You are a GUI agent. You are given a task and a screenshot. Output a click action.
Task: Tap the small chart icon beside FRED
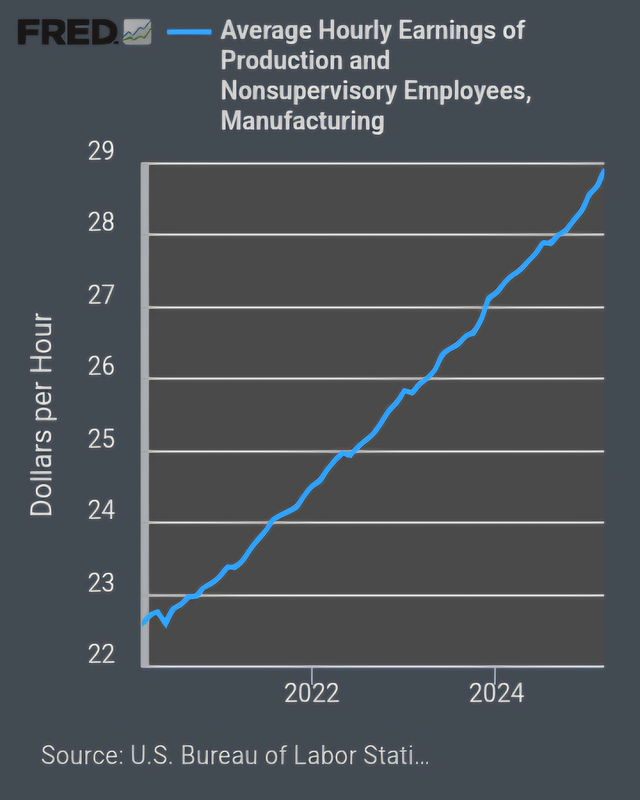coord(137,35)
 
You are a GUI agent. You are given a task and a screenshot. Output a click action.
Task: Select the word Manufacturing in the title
coord(303,122)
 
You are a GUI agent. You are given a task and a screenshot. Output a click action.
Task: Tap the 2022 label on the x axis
coord(312,693)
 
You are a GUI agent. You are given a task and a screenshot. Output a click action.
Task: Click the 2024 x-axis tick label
coord(495,693)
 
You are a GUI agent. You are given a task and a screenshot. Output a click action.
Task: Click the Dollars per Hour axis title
coord(42,415)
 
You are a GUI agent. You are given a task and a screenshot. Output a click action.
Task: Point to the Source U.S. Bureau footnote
coord(235,754)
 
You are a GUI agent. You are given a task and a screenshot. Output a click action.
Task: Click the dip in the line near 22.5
coord(165,624)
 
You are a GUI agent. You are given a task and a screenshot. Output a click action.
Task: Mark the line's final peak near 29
coord(603,171)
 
